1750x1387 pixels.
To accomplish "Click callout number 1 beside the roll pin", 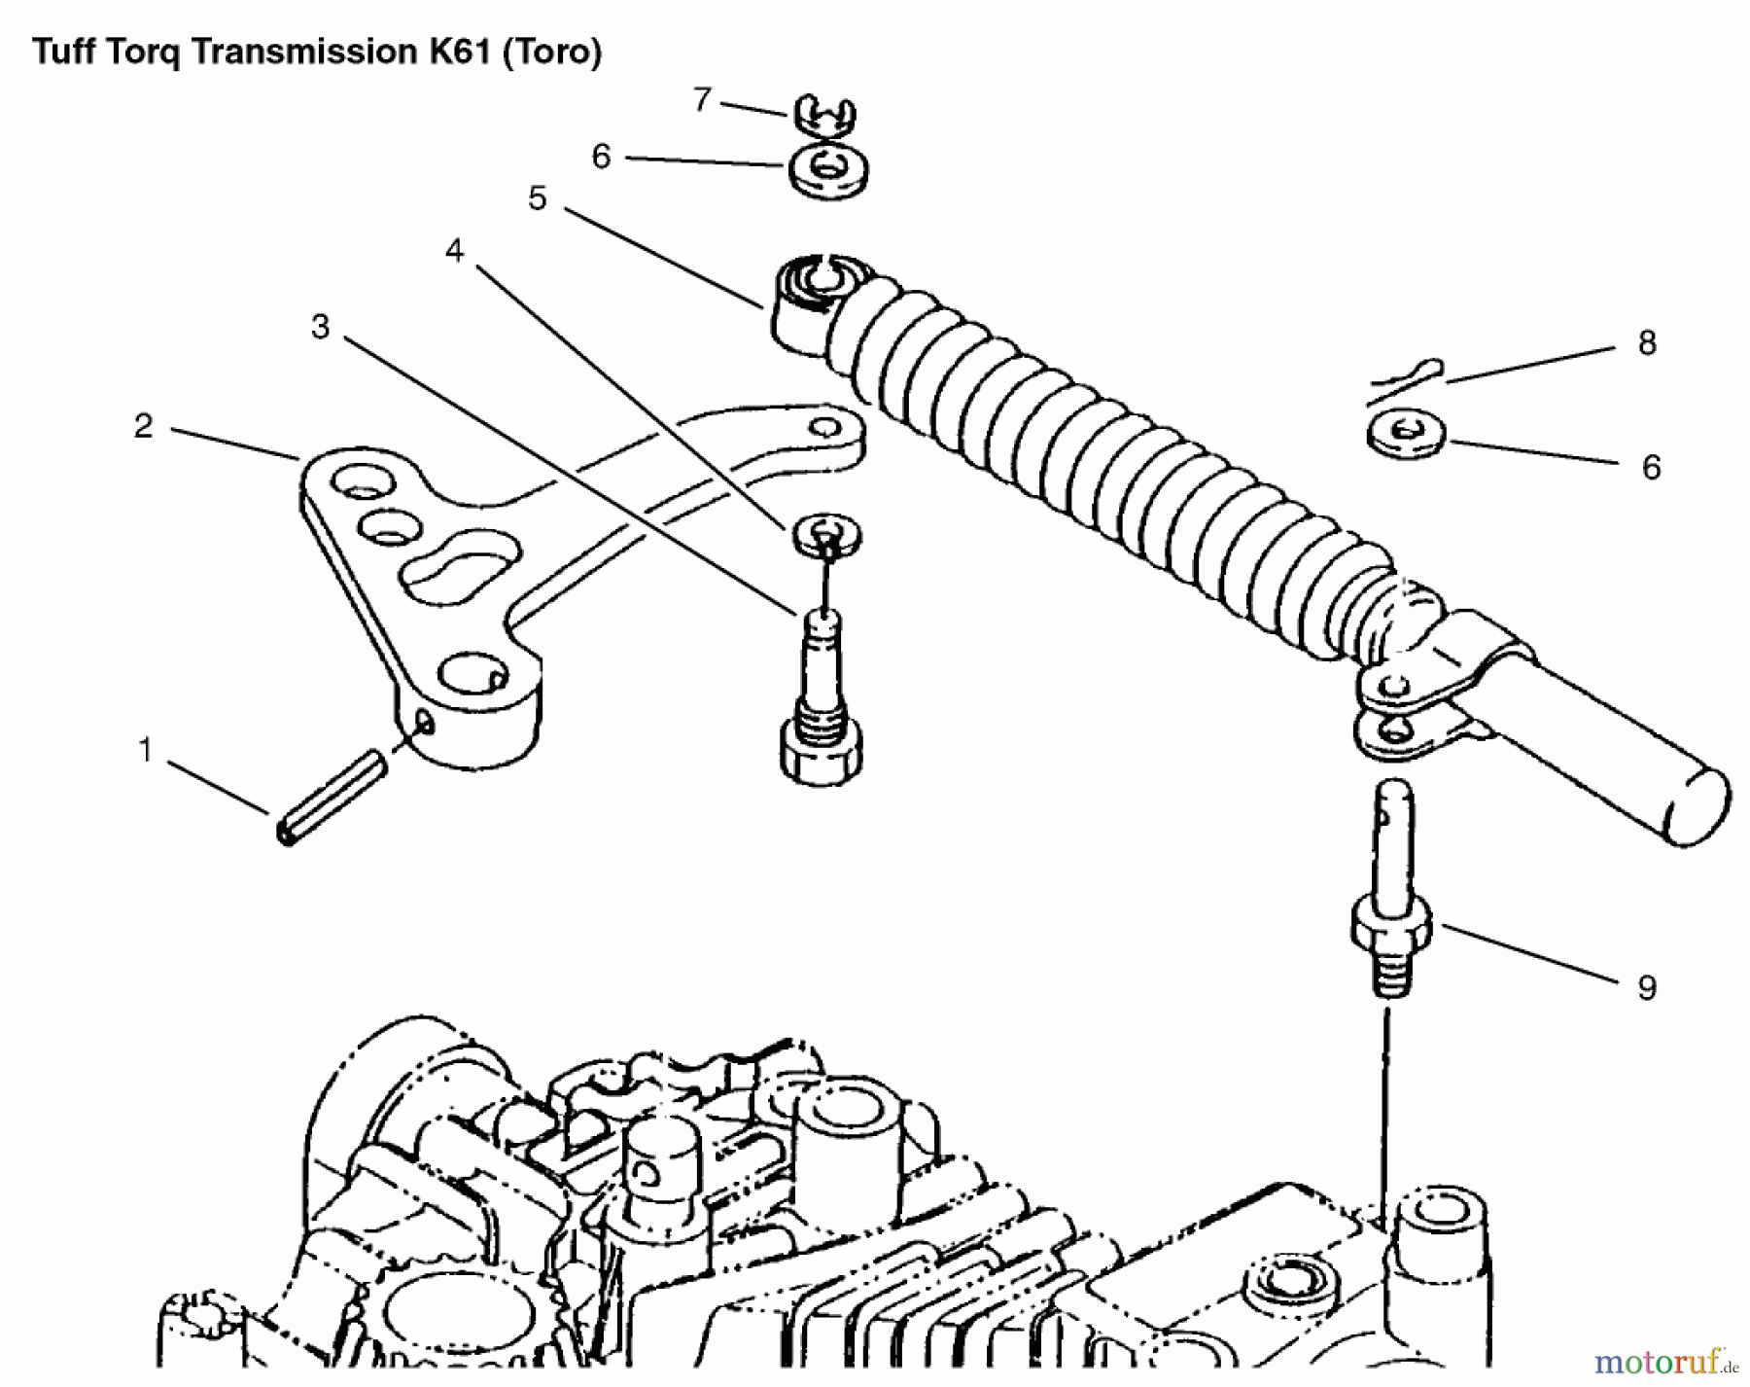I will [x=146, y=750].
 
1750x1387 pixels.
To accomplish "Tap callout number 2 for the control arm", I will [x=143, y=426].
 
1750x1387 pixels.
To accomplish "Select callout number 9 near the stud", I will [x=1646, y=987].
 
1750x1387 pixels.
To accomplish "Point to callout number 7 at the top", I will [x=702, y=99].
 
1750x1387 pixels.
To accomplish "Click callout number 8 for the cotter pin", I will [x=1646, y=342].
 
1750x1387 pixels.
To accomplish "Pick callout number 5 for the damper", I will [x=538, y=198].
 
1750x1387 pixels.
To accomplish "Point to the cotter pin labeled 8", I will [x=1406, y=380].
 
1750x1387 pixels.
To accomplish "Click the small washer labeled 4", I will [x=826, y=534].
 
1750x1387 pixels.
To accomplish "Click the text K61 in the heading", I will [x=461, y=51].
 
